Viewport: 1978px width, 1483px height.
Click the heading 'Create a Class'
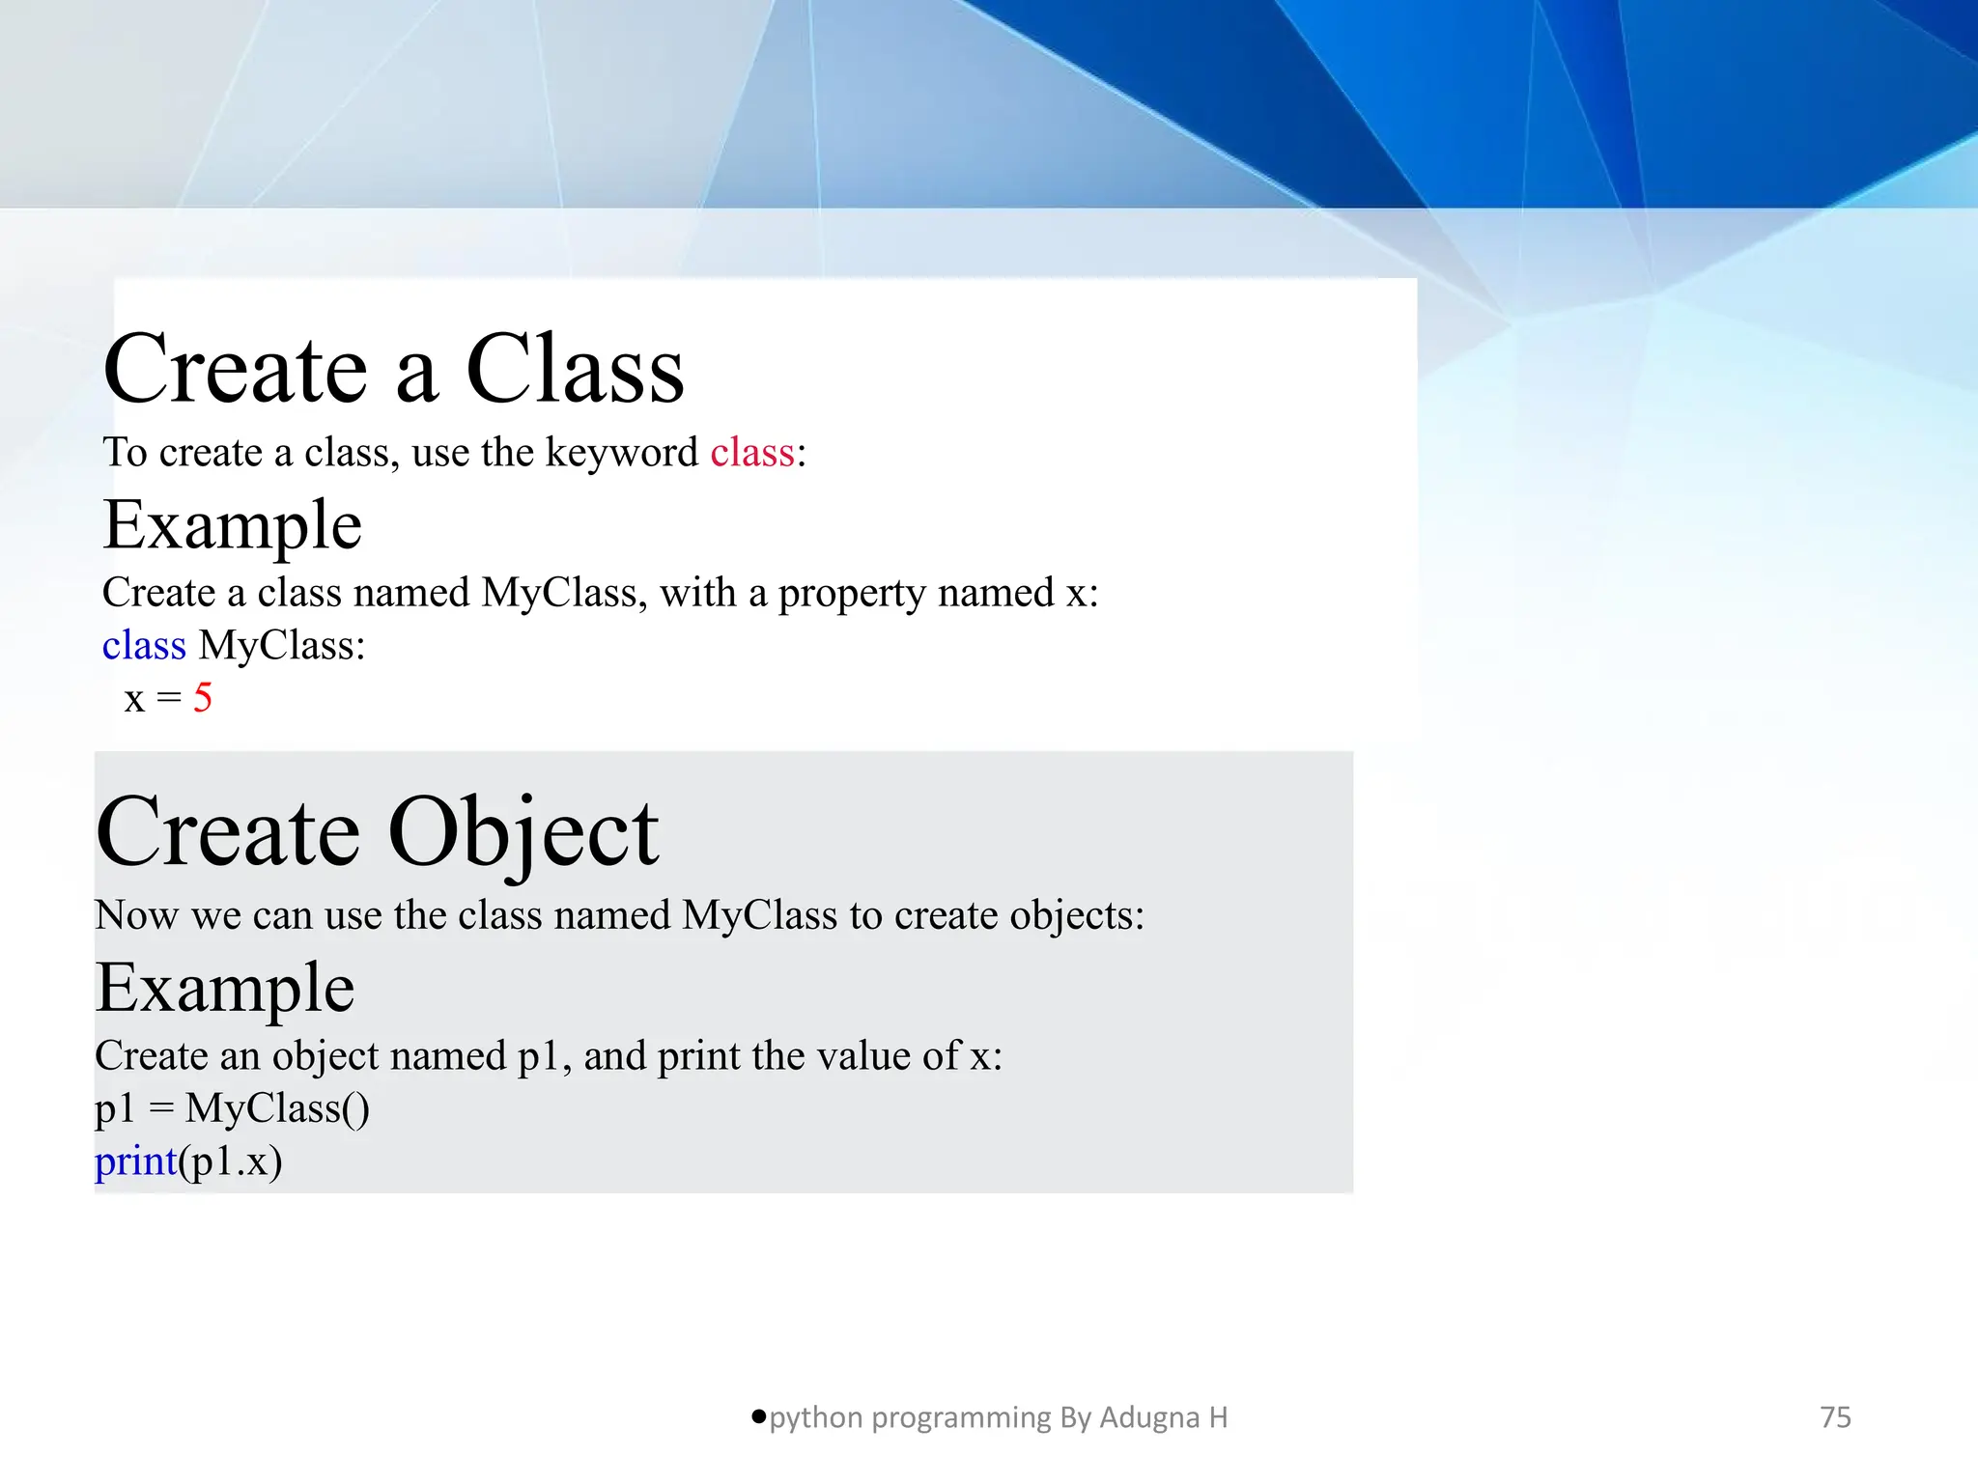coord(393,370)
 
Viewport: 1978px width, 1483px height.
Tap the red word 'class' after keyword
coord(752,452)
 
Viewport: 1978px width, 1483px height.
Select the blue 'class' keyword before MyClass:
coord(144,645)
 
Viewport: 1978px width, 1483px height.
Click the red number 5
coord(202,697)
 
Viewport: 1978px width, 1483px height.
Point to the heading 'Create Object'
coord(377,832)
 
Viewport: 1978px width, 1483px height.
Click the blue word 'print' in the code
coord(136,1161)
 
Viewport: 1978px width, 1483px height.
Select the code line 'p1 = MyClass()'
coord(232,1108)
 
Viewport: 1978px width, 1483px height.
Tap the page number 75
coord(1835,1417)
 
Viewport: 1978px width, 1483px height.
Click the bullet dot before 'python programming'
coord(758,1416)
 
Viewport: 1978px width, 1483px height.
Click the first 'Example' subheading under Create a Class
coord(232,526)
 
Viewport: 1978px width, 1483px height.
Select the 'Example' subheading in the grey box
coord(225,989)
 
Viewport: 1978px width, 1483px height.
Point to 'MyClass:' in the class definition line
coord(282,645)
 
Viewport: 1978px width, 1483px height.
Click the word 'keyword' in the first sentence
coord(621,452)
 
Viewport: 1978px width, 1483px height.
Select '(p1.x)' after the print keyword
coord(231,1161)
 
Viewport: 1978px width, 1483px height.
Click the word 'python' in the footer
coord(816,1417)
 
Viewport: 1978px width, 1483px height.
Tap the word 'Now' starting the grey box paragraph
coord(136,915)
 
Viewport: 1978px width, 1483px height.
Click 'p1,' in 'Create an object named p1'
coord(545,1056)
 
